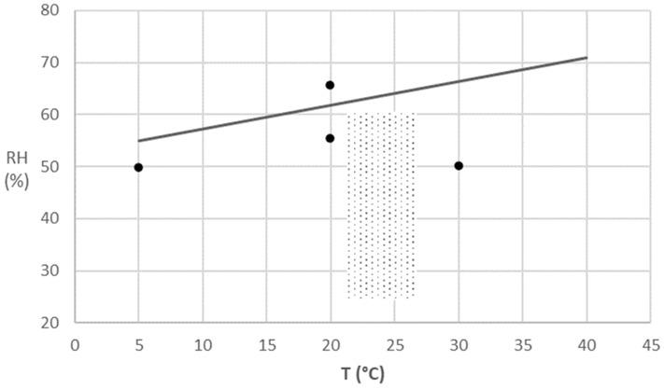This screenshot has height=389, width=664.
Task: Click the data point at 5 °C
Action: (x=138, y=167)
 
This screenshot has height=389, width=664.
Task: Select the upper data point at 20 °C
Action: (x=330, y=85)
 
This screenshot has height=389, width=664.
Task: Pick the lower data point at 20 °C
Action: (x=330, y=138)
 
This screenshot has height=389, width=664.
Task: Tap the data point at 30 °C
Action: (x=459, y=166)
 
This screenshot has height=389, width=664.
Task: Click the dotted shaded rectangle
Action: (x=381, y=205)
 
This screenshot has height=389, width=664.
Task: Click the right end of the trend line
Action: (x=586, y=58)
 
